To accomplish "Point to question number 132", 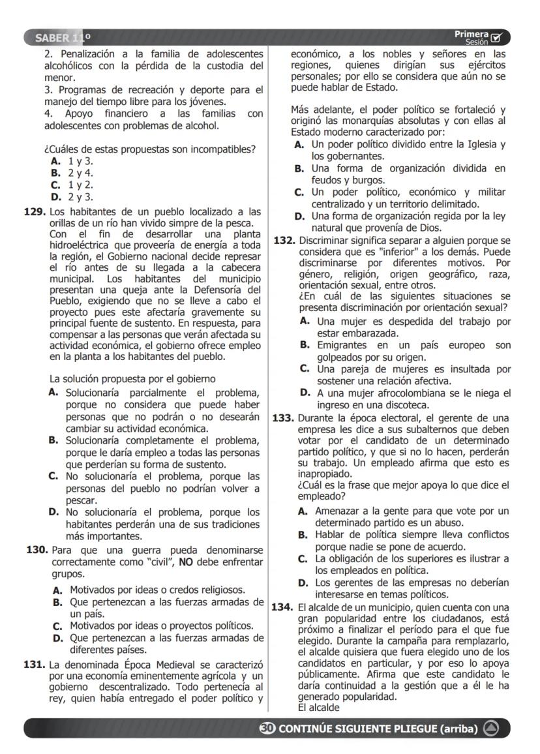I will click(284, 241).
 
